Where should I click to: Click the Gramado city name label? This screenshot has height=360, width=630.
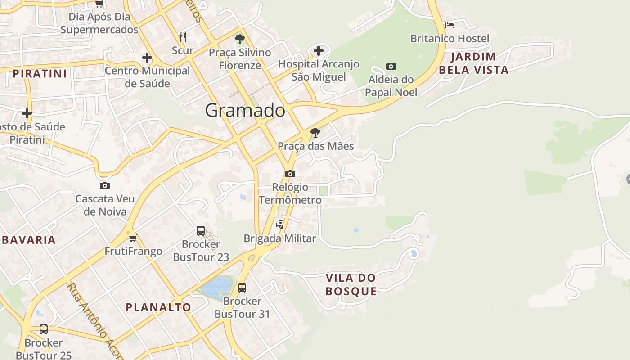pos(245,110)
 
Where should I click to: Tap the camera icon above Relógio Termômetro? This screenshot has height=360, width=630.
pos(290,174)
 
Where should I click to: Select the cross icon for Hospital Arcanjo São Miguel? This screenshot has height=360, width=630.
pos(319,50)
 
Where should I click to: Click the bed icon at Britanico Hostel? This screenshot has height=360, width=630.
pos(449,25)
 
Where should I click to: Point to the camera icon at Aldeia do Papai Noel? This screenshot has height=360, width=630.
pos(391,67)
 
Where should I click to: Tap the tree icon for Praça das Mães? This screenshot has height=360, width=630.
pos(315,133)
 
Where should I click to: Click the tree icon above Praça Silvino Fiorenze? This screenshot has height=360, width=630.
pos(240,39)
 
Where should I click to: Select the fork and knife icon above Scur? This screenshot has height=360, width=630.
pos(183,37)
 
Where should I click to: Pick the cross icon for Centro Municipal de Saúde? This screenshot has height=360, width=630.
pos(147,58)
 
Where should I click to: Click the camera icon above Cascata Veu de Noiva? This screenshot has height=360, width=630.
pos(104,185)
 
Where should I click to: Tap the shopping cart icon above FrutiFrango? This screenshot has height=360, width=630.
pos(133,238)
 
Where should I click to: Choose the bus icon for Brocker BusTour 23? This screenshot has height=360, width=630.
pos(201,231)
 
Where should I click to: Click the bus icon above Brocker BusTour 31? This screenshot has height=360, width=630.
pos(242,288)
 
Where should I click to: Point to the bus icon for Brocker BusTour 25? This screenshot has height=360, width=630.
pos(44,329)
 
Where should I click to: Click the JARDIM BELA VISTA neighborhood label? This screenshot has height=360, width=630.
pos(473,63)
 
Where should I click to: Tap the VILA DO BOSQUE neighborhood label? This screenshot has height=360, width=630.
pos(351,284)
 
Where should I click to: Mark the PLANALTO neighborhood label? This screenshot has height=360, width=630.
pos(158,307)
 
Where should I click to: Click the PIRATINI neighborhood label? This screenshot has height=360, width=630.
pos(40,73)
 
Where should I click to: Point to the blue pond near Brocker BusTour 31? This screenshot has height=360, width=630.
pos(216,287)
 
